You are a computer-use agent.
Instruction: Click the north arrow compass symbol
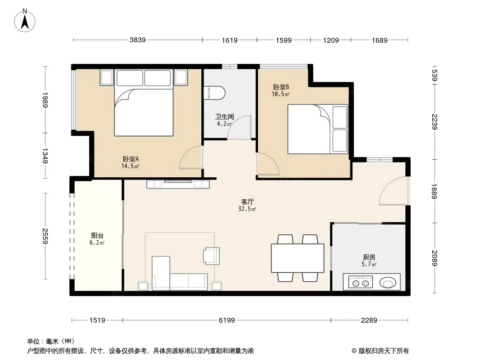pos(25,21)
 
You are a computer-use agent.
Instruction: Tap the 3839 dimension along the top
pos(137,40)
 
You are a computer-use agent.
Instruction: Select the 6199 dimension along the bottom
pos(226,320)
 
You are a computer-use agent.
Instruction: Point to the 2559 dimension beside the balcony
pos(45,236)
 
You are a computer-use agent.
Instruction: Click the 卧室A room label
pos(131,159)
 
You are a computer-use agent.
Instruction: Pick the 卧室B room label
pos(281,87)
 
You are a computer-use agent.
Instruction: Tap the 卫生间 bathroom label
pos(224,117)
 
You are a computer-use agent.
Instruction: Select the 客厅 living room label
pos(247,202)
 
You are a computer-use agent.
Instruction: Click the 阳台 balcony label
pos(97,235)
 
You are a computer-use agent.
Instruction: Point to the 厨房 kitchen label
pos(369,257)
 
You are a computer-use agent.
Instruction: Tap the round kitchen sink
pos(388,282)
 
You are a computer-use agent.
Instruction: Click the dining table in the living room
pos(298,258)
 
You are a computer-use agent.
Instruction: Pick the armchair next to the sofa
pos(211,256)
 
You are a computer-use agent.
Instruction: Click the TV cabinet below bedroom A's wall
pos(178,184)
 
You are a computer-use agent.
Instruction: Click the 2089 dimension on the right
pos(435,258)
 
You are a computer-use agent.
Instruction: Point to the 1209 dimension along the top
pos(331,40)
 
